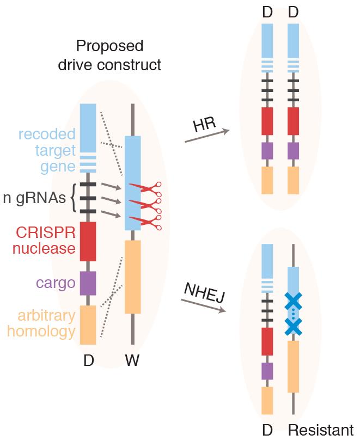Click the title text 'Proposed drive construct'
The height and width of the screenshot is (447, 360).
pyautogui.click(x=110, y=55)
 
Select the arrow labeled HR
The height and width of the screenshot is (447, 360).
pyautogui.click(x=206, y=136)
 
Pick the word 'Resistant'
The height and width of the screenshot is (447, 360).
pyautogui.click(x=320, y=431)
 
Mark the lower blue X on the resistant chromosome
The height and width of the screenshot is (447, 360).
pyautogui.click(x=293, y=326)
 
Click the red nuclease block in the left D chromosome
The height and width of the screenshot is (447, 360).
pyautogui.click(x=88, y=241)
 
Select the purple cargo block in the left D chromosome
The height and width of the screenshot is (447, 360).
pyautogui.click(x=88, y=283)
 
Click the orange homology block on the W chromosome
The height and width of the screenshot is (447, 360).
pyautogui.click(x=133, y=277)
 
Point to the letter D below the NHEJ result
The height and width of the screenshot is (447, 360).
pyautogui.click(x=267, y=431)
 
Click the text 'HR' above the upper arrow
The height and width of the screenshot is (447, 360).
pyautogui.click(x=204, y=125)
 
